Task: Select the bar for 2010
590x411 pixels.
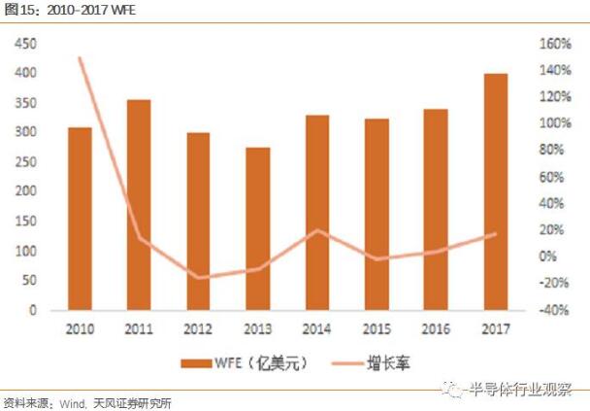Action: click(80, 219)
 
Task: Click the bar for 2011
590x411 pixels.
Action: click(139, 205)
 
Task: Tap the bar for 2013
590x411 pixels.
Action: click(257, 229)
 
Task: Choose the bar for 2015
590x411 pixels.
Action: click(377, 215)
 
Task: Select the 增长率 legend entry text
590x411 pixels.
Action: click(390, 363)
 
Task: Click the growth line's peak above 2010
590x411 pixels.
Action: click(80, 58)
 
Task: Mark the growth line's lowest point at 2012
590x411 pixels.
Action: click(199, 278)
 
